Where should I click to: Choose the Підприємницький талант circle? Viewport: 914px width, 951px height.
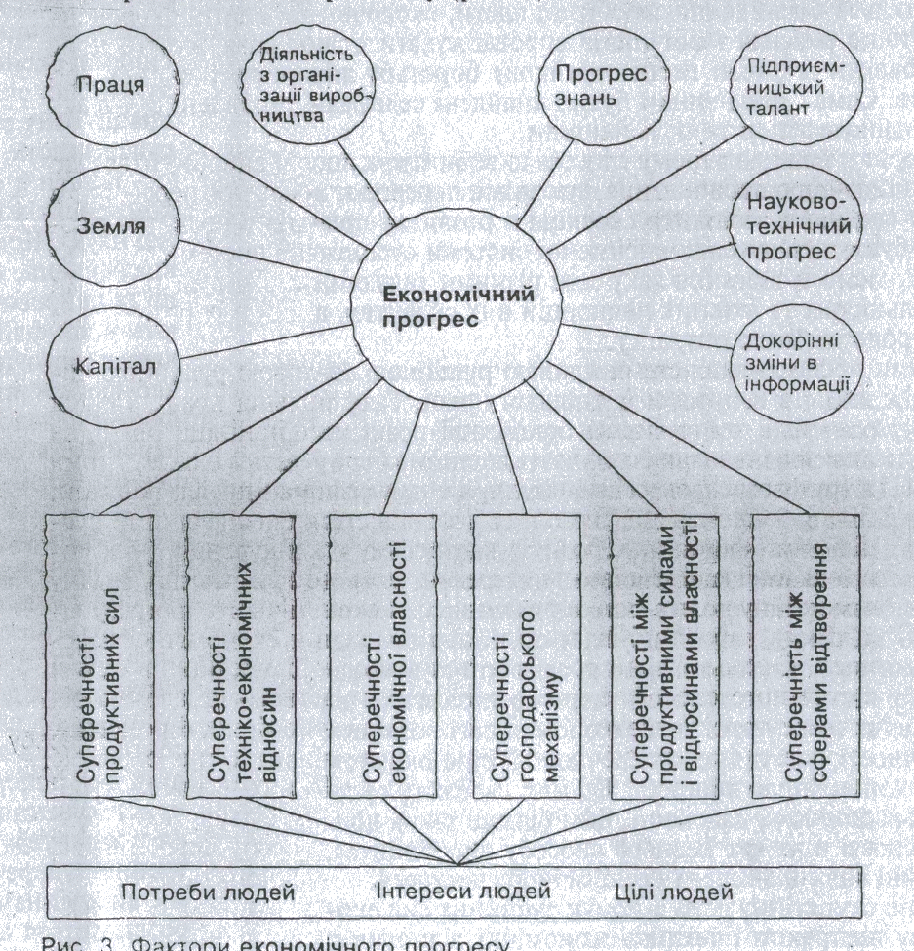tap(798, 85)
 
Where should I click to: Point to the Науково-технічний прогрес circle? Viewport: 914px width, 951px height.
tap(798, 226)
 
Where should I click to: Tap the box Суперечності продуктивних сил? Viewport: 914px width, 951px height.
tap(99, 656)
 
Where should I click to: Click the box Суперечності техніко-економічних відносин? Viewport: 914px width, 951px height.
tap(240, 656)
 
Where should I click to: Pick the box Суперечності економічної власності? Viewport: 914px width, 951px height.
tap(383, 656)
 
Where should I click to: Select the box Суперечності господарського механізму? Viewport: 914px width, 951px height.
tap(526, 656)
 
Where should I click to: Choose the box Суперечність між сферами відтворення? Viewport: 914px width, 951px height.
tap(806, 656)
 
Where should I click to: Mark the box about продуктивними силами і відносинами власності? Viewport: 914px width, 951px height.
tap(665, 656)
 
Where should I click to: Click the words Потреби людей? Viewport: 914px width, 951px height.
tap(208, 892)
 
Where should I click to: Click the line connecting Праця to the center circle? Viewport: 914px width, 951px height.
tap(263, 186)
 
